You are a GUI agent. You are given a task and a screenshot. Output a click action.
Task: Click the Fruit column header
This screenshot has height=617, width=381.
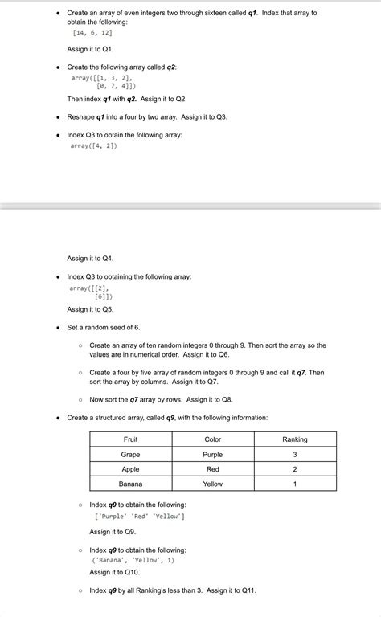130,439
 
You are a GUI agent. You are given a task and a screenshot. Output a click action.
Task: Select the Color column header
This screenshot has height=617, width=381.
213,439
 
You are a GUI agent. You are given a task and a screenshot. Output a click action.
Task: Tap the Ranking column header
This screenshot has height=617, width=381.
295,439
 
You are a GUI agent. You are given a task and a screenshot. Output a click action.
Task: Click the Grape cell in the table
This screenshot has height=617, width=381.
130,455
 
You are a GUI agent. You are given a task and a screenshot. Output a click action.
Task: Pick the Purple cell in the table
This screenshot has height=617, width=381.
213,455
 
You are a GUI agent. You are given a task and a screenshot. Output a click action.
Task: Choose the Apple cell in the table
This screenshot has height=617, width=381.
130,469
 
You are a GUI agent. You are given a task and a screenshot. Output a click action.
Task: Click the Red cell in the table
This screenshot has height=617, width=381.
213,469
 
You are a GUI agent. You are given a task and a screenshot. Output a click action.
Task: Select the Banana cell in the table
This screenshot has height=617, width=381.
130,484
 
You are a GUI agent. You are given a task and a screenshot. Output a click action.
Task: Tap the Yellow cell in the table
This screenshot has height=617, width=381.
213,484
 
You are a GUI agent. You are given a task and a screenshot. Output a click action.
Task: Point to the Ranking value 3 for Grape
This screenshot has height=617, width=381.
295,455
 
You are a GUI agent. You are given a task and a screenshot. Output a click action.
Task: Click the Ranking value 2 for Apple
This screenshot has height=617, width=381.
295,469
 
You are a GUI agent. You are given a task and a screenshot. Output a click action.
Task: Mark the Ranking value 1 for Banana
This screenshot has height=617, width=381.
295,484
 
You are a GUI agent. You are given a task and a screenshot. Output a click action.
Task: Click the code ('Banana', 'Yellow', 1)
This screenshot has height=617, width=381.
128,560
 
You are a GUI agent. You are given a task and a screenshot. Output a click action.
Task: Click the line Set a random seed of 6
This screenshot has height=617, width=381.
103,327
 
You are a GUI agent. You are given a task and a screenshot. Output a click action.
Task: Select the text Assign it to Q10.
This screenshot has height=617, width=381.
114,572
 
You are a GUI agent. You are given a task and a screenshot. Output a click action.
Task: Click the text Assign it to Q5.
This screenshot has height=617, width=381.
90,309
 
